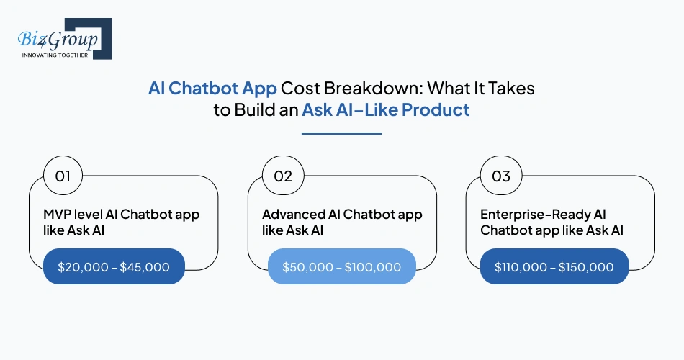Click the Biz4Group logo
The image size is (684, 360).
pyautogui.click(x=60, y=38)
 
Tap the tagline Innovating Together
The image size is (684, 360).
pyautogui.click(x=55, y=55)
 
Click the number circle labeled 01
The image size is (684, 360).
pyautogui.click(x=63, y=176)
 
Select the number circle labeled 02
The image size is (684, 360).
pyautogui.click(x=282, y=176)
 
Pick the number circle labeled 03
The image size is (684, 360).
pyautogui.click(x=501, y=176)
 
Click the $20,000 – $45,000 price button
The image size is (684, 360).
pyautogui.click(x=114, y=267)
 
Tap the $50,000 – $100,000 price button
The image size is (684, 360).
pyautogui.click(x=341, y=267)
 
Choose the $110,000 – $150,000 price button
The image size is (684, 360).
pyautogui.click(x=554, y=267)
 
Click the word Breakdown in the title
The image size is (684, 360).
pyautogui.click(x=357, y=88)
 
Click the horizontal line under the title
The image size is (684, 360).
pyautogui.click(x=341, y=133)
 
